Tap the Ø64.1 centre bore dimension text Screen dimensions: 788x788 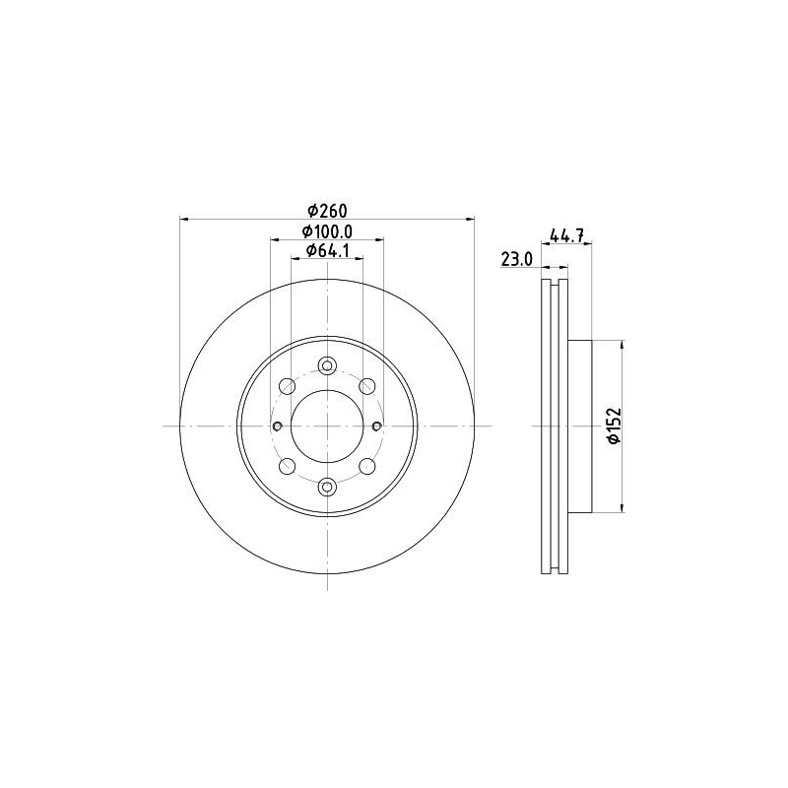(327, 251)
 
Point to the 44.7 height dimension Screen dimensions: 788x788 (568, 234)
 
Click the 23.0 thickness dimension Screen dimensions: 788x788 (516, 259)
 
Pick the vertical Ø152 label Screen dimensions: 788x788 (613, 427)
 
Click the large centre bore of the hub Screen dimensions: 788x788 (327, 426)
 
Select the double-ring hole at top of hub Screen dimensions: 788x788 (327, 365)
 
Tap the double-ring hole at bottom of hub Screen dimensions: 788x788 (327, 486)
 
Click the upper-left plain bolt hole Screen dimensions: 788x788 (288, 385)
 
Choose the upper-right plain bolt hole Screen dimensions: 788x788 (366, 385)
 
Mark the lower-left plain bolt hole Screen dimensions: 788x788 (288, 466)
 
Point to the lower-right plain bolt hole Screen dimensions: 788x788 (366, 466)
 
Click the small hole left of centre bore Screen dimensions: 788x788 (277, 426)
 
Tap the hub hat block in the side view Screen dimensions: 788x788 (581, 426)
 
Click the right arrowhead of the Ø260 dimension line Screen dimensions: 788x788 (470, 219)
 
